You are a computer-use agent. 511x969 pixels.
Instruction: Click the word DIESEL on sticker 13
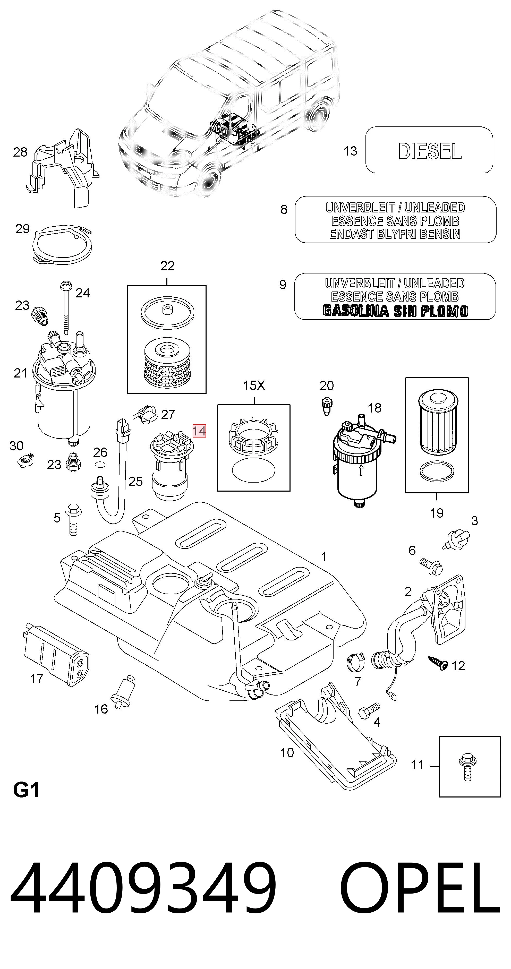[x=430, y=151]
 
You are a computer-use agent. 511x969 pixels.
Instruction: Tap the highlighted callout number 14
[x=199, y=431]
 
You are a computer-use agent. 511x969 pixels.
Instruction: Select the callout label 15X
[x=254, y=385]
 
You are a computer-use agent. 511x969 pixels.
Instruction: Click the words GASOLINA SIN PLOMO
[x=395, y=311]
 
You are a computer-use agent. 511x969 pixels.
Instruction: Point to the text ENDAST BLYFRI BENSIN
[x=395, y=234]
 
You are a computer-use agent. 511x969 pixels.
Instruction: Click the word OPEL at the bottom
[x=420, y=893]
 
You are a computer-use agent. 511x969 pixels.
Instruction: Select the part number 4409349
[x=143, y=893]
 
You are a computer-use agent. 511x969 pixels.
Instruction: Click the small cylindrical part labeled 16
[x=123, y=692]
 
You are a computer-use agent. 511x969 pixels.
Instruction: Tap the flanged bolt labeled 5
[x=73, y=519]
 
